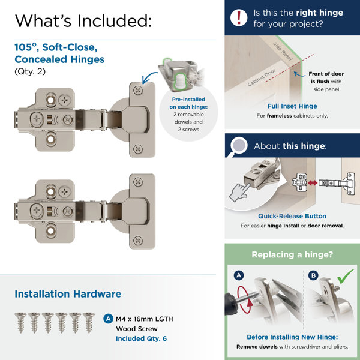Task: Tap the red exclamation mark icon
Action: [240, 17]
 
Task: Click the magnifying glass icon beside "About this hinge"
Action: [239, 146]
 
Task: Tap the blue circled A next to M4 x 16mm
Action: [108, 319]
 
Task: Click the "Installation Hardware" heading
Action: [68, 294]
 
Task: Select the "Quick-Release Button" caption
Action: [292, 216]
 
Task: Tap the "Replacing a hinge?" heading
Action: [293, 254]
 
